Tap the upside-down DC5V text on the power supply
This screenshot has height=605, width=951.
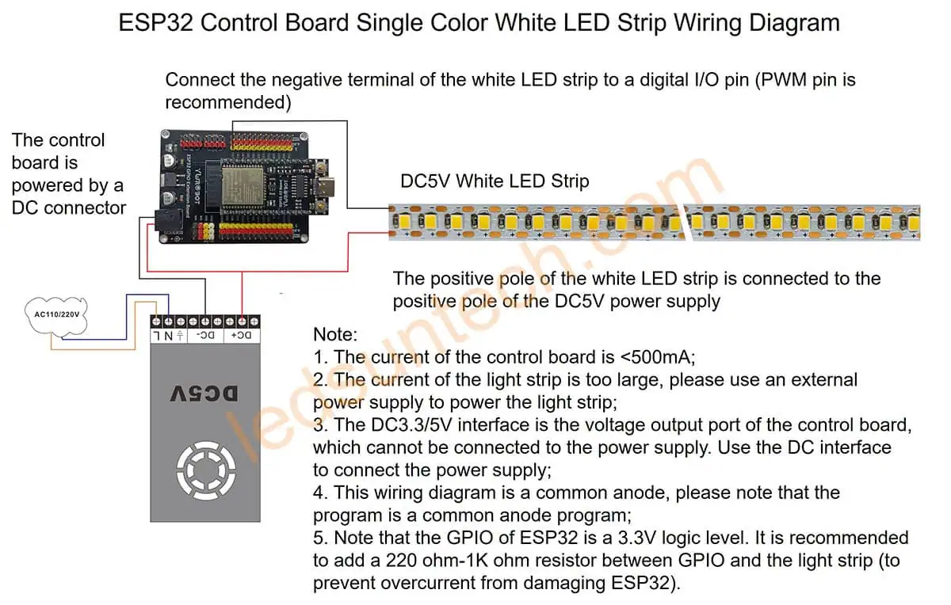coord(204,394)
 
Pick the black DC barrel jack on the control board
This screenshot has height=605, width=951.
coord(169,225)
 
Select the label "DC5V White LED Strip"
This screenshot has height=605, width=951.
coord(495,181)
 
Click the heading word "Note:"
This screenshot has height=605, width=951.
coord(335,334)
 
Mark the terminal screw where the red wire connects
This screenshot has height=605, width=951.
coord(242,322)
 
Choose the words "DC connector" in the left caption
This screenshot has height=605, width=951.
coord(69,208)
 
